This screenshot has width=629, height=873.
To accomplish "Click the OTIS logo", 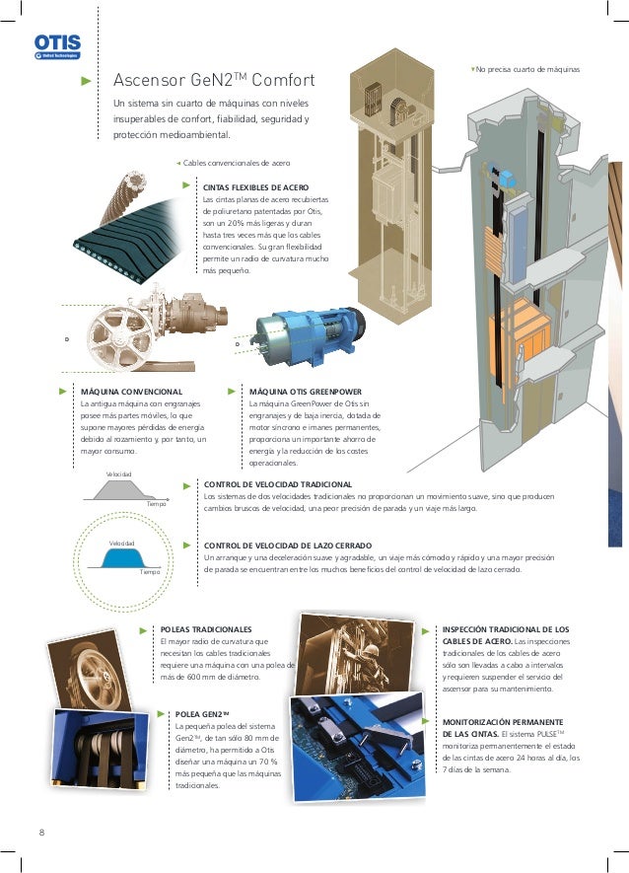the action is [57, 46].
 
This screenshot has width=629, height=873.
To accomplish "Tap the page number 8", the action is [41, 833].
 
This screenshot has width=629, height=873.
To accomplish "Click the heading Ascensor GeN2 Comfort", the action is [214, 80].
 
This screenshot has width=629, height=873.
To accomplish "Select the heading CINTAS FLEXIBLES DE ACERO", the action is [255, 187].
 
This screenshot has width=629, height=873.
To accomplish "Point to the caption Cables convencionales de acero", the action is [237, 163].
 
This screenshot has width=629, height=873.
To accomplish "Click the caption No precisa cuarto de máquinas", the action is [527, 70].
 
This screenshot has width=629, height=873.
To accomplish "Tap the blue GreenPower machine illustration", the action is [308, 335].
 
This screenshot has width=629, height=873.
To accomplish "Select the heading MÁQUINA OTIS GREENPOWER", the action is [305, 392].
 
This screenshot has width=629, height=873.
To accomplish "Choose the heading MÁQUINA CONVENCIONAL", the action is [131, 392].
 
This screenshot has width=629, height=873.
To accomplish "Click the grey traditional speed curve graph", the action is [124, 490].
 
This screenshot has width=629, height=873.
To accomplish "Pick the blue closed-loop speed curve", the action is [123, 558].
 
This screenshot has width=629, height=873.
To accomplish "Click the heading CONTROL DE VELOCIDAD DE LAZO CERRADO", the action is [288, 546].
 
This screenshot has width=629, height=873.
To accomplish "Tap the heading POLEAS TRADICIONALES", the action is [206, 629].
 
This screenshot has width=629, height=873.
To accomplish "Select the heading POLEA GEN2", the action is [202, 714].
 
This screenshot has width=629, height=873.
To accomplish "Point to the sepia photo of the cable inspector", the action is [354, 654].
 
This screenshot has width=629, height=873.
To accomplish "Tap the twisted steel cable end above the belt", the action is [125, 196].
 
